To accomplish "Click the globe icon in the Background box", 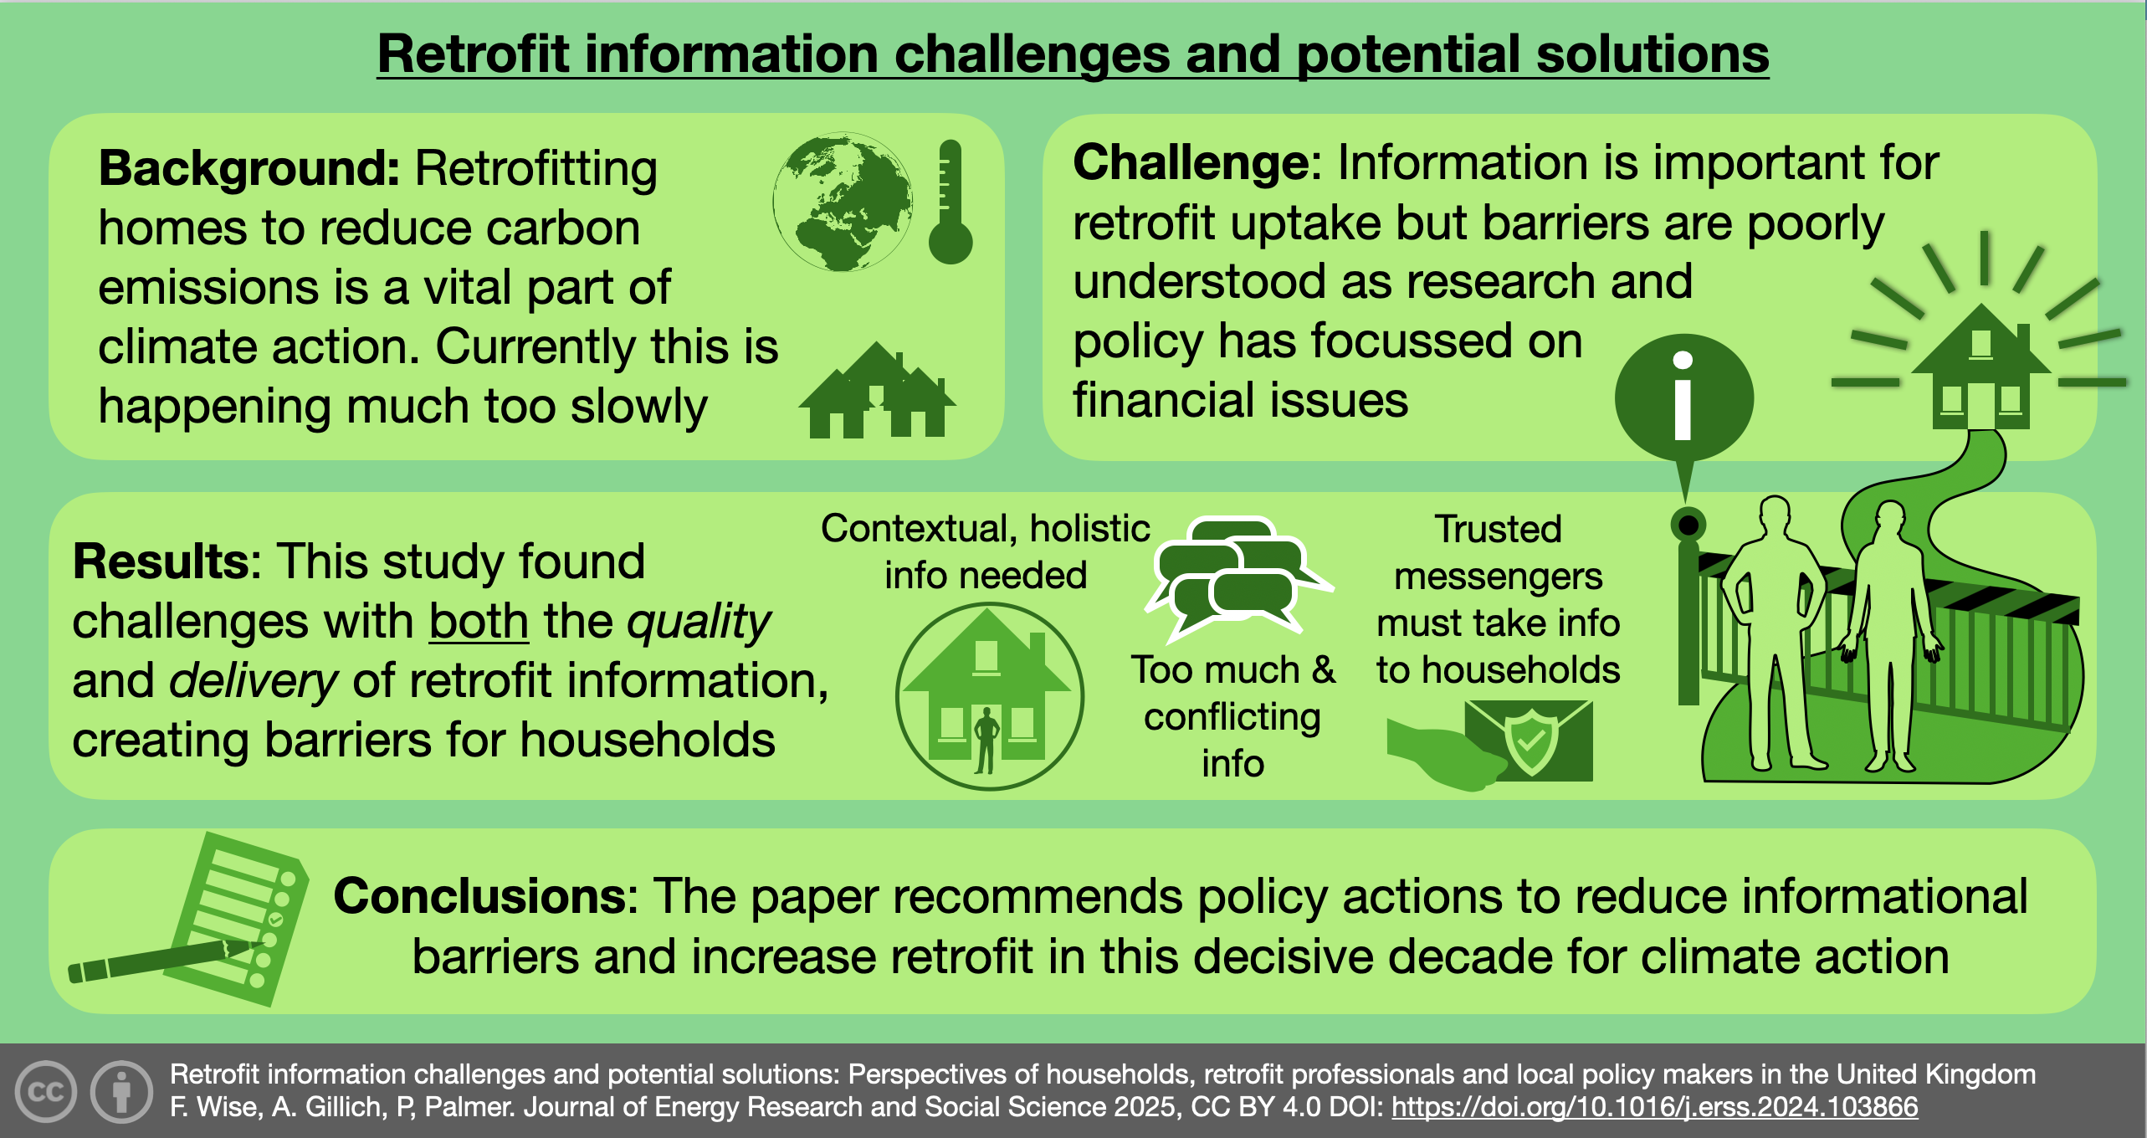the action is (843, 202).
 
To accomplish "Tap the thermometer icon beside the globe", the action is (951, 202).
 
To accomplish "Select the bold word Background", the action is (249, 168).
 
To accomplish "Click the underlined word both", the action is (479, 621).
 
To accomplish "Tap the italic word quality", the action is (699, 623).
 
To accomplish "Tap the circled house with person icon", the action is (990, 696).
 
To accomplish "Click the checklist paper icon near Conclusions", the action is (241, 918).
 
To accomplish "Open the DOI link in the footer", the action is (1654, 1107).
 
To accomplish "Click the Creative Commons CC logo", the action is (45, 1091).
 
